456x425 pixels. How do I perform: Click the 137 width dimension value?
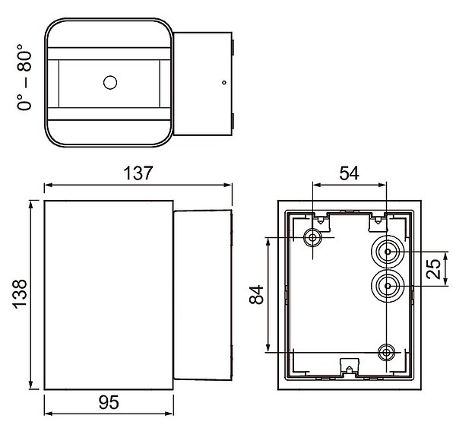[138, 173]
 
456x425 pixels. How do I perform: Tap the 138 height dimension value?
[20, 294]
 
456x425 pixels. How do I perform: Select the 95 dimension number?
[109, 402]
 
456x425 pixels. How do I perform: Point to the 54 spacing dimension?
[350, 173]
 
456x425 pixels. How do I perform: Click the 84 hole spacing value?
[257, 295]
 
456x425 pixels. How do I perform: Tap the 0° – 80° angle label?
[24, 77]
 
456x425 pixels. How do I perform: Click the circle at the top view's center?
[110, 83]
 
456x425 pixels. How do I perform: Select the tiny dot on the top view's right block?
[224, 83]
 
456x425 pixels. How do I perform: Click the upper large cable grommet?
[388, 252]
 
